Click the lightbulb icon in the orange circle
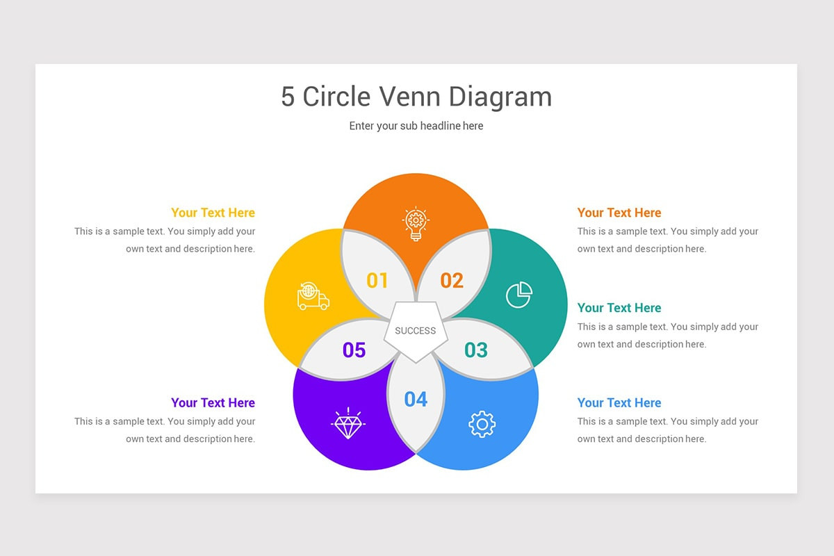click(416, 224)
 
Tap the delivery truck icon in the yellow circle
click(313, 296)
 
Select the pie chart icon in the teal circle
click(519, 295)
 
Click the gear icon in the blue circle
click(482, 424)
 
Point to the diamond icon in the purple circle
click(348, 423)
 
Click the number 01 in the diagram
click(377, 280)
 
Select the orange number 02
click(452, 280)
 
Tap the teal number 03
click(476, 350)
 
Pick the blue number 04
click(416, 399)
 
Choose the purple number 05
click(354, 350)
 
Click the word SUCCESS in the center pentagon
click(415, 331)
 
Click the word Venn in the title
click(409, 97)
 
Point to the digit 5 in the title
click(288, 97)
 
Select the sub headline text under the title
click(416, 126)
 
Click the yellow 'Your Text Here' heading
click(213, 213)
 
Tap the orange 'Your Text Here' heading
click(619, 213)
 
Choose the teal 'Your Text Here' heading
click(619, 308)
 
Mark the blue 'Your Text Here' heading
click(619, 403)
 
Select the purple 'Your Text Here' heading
click(213, 403)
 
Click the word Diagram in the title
click(500, 97)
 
